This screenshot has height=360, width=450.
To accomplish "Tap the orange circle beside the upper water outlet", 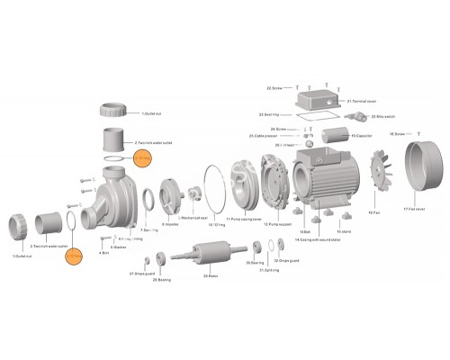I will coord(144,160).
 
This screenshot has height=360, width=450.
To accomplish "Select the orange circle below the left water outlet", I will coord(76,257).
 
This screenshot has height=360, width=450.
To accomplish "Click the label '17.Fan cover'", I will coord(416,209).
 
